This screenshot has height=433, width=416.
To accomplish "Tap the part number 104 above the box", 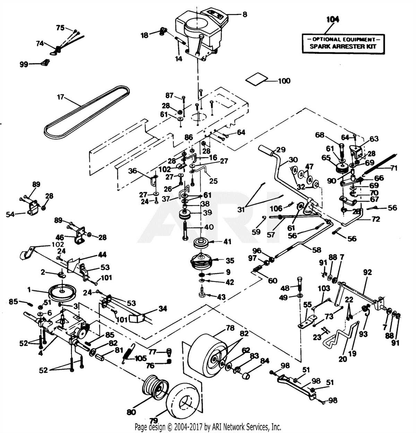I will tap(333, 19).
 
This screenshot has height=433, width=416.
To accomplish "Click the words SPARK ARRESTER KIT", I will tap(343, 46).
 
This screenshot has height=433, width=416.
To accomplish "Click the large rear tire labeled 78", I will tap(205, 354).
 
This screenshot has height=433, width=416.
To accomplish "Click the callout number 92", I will tap(367, 272).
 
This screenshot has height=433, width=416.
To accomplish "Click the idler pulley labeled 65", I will tap(342, 170).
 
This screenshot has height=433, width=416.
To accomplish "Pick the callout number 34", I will tap(162, 308).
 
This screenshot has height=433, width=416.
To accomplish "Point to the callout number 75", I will tap(60, 27).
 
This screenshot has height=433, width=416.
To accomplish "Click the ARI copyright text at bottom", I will tap(208, 426).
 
